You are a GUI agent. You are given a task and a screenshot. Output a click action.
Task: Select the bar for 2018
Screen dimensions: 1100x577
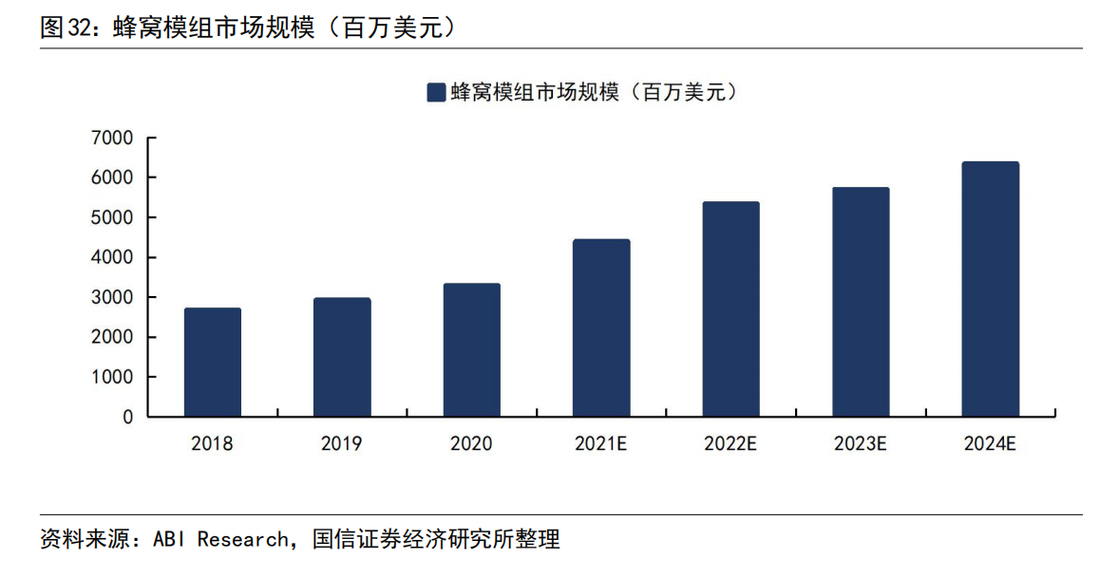213,363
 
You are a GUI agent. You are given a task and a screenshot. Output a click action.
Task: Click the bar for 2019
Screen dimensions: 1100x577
342,358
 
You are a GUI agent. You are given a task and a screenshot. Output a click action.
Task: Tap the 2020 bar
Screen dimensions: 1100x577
471,350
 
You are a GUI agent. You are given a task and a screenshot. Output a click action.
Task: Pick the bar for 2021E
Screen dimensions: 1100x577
601,328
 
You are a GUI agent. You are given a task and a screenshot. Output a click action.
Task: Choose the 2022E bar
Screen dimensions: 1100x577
731,309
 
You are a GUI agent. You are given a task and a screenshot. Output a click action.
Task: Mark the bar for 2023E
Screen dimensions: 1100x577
861,302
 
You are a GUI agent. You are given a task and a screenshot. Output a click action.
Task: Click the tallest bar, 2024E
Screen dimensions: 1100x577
991,289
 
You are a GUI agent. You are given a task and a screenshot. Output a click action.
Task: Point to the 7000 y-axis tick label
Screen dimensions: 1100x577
112,139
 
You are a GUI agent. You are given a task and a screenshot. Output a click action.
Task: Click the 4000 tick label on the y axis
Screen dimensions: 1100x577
112,257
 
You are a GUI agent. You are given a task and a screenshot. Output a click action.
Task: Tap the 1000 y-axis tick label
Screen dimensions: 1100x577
112,377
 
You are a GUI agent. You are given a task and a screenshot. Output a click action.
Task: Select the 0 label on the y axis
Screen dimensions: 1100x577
127,418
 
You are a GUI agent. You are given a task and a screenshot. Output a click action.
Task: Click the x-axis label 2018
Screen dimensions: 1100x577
212,443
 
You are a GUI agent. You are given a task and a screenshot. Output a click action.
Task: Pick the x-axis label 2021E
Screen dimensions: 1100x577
600,443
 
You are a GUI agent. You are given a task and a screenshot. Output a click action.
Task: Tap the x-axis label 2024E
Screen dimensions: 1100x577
990,443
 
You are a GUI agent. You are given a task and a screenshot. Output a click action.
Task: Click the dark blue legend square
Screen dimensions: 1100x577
436,93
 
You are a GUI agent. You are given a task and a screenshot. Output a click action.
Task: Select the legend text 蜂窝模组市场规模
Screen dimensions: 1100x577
535,92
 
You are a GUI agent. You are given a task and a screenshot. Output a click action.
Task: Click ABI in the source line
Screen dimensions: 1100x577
169,539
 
